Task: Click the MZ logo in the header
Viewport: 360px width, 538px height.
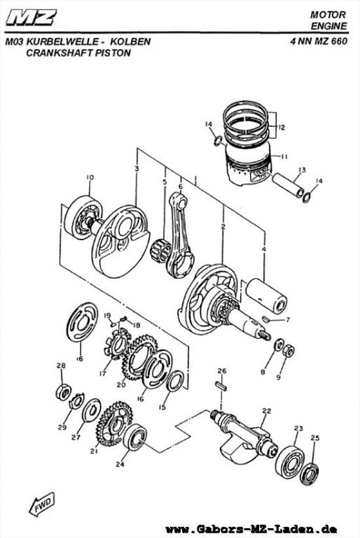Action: [32, 17]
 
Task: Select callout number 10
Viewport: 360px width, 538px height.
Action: [90, 177]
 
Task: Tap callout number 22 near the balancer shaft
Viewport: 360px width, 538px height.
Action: [266, 411]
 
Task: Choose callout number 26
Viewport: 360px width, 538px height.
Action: [222, 372]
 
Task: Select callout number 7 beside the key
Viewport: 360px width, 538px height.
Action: [286, 321]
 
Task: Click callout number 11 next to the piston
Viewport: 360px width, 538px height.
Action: [285, 156]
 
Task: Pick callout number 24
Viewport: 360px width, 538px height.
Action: [119, 465]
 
